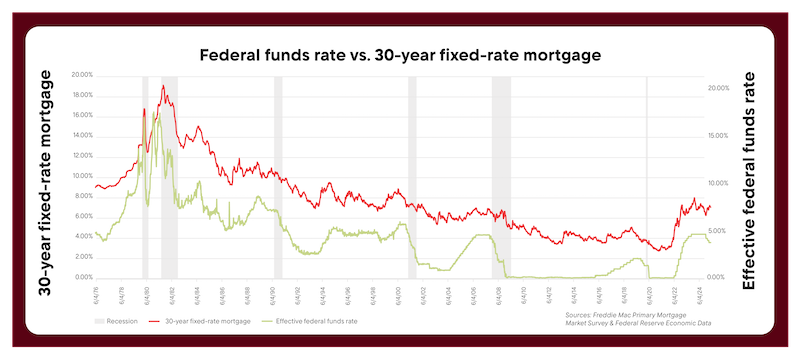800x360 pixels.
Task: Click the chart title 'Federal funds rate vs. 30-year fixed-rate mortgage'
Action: point(400,54)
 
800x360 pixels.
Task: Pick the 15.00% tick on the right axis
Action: point(719,136)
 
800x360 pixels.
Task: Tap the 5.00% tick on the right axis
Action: point(719,230)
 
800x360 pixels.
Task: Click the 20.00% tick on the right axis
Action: point(719,89)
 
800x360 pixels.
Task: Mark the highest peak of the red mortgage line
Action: point(163,86)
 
